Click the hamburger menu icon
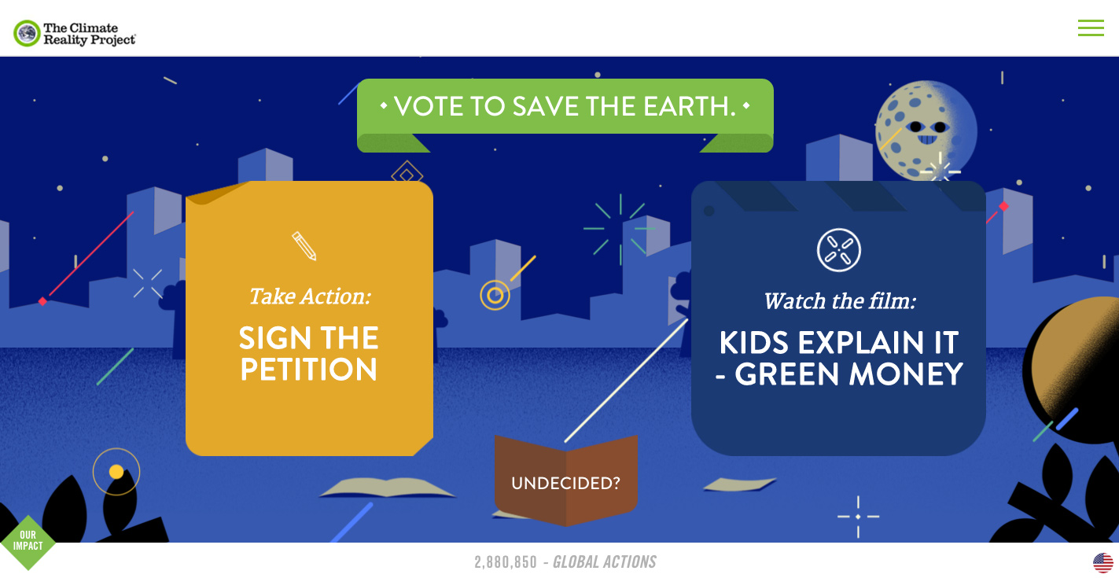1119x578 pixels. tap(1091, 28)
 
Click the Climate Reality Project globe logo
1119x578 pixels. tap(27, 34)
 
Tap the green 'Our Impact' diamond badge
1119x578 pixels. tap(28, 542)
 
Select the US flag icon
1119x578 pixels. tap(1103, 562)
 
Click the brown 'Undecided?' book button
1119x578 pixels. tap(566, 480)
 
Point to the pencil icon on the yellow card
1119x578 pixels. tap(304, 246)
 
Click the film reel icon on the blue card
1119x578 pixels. tap(839, 250)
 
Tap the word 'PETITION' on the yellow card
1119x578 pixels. tap(309, 370)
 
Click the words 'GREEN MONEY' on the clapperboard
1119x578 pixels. tap(848, 374)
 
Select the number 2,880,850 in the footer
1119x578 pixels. tap(506, 562)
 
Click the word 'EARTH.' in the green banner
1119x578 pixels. tap(690, 106)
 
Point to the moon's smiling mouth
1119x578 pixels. tap(927, 139)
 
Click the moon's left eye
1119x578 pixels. tap(915, 127)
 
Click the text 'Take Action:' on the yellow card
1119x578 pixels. tap(311, 296)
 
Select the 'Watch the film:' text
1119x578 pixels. tap(840, 301)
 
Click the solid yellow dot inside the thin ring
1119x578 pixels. tap(116, 472)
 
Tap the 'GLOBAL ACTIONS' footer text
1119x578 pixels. tap(605, 562)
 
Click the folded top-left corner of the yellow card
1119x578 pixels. tap(215, 193)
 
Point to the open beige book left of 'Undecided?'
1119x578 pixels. tap(387, 487)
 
